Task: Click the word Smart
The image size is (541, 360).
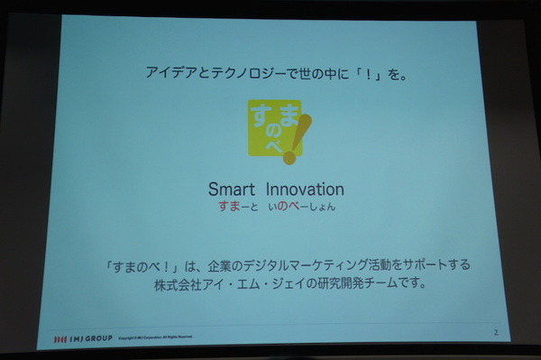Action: click(234, 189)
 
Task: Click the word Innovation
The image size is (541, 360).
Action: click(305, 189)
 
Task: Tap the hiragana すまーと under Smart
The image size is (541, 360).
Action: click(236, 208)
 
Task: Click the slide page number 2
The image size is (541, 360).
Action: click(494, 333)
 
